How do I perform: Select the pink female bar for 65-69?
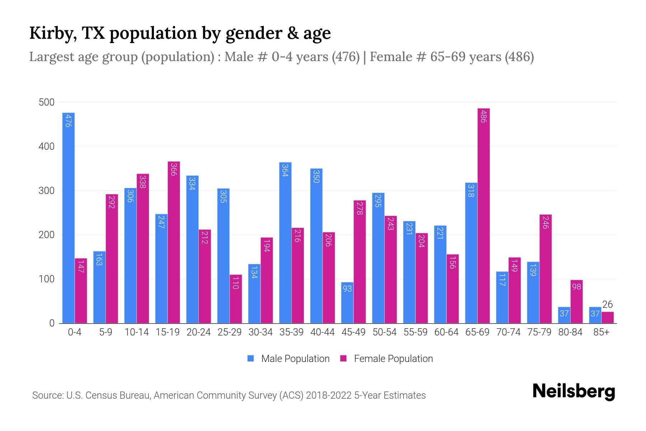coord(483,215)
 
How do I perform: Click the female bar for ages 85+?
coord(608,318)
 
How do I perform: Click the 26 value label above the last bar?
coord(607,305)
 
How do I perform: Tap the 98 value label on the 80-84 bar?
coord(576,287)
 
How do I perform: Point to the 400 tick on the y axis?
coord(47,147)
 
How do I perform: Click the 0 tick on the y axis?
coord(52,323)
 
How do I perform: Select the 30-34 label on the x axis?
coord(261,332)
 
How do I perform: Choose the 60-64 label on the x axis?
coord(446,332)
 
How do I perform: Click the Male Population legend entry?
coord(295,359)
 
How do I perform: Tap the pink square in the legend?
coord(343,358)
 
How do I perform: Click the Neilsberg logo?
coord(574,391)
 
